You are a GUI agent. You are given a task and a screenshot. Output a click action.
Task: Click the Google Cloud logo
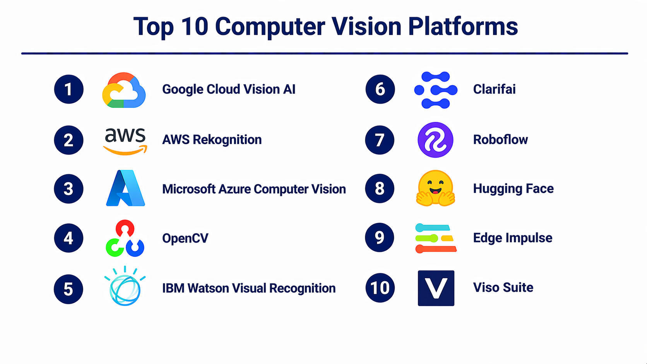124,90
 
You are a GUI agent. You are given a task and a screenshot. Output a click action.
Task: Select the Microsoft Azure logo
125,188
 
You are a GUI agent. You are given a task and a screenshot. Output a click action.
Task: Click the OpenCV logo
125,238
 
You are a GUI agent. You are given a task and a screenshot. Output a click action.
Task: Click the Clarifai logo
436,90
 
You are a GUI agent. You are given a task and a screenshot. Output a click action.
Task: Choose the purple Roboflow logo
435,140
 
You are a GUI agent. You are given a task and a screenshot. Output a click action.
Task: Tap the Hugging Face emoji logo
435,188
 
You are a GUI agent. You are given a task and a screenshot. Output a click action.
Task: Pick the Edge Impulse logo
436,238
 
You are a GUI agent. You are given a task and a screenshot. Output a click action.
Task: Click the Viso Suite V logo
436,288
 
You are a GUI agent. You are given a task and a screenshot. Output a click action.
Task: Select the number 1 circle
69,89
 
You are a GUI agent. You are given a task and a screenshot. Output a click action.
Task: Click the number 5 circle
68,289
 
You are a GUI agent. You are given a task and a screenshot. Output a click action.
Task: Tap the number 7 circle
380,140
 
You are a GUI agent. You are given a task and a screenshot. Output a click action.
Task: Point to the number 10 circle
380,288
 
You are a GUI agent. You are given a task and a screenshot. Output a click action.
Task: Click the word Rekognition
227,140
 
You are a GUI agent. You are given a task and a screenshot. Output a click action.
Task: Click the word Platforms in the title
463,26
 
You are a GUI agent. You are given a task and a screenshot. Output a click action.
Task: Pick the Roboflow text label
500,140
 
